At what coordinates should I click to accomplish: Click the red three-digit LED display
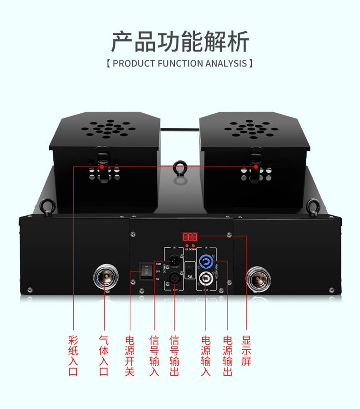pyautogui.click(x=190, y=236)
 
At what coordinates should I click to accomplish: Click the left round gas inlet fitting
pyautogui.click(x=105, y=276)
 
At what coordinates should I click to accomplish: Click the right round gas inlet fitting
pyautogui.click(x=257, y=276)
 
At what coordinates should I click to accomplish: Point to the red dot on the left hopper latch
pyautogui.click(x=102, y=167)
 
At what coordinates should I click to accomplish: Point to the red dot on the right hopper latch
pyautogui.click(x=256, y=167)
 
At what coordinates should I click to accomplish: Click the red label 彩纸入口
pyautogui.click(x=73, y=355)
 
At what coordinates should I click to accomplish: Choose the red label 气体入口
pyautogui.click(x=104, y=355)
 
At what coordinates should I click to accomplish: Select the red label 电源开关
pyautogui.click(x=130, y=355)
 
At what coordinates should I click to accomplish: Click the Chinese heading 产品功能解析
pyautogui.click(x=180, y=42)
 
